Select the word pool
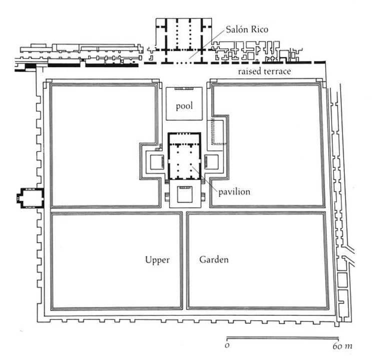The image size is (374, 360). coord(184,106)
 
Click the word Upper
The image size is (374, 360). coord(158,260)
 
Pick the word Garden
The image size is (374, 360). coord(214,260)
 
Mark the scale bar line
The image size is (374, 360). coord(283,337)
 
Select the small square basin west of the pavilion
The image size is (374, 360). coord(154,162)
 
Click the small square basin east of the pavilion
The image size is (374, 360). coord(211,162)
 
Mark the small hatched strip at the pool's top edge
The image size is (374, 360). coord(184,88)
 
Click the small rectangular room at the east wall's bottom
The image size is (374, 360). coord(342,280)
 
